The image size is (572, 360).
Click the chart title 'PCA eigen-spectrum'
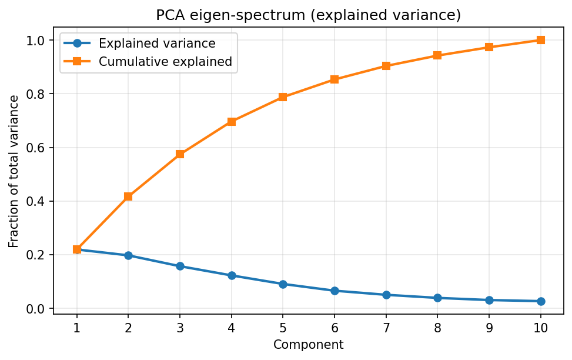click(308, 16)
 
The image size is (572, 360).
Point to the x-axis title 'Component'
click(308, 345)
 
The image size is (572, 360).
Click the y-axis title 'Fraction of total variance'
click(14, 171)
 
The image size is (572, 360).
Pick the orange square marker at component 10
click(540, 40)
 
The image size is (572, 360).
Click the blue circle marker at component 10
click(540, 301)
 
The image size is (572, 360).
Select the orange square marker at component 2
click(128, 196)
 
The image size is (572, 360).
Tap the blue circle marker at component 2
click(128, 255)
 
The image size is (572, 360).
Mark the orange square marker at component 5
click(283, 97)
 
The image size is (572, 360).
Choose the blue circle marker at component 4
click(232, 275)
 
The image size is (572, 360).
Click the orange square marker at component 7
click(386, 66)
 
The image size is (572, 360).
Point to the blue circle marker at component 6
click(334, 291)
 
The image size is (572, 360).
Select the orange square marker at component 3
click(180, 154)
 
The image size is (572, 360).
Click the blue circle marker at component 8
click(437, 298)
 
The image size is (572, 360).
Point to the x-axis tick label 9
click(489, 327)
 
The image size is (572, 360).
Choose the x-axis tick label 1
click(77, 327)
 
